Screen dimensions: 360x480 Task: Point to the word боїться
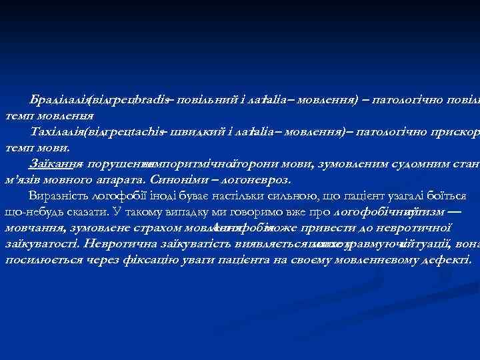point(452,195)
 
